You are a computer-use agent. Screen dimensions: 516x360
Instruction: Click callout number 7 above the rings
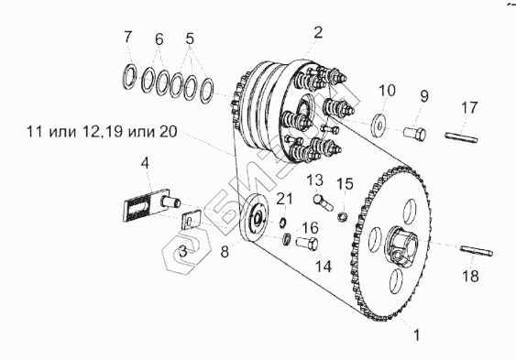(x=127, y=37)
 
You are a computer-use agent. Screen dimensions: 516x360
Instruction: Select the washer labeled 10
(x=380, y=125)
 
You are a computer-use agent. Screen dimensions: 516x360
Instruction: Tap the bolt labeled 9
(x=415, y=134)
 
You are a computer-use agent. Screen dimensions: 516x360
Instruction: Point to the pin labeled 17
(x=461, y=137)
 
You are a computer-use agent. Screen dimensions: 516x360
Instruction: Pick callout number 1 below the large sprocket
(x=417, y=335)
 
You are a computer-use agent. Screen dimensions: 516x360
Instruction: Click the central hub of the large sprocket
(x=401, y=245)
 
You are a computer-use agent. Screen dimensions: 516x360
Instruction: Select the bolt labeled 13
(x=324, y=202)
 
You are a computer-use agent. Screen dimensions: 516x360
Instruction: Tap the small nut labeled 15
(x=343, y=216)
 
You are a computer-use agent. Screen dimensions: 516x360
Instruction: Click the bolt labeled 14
(x=307, y=244)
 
